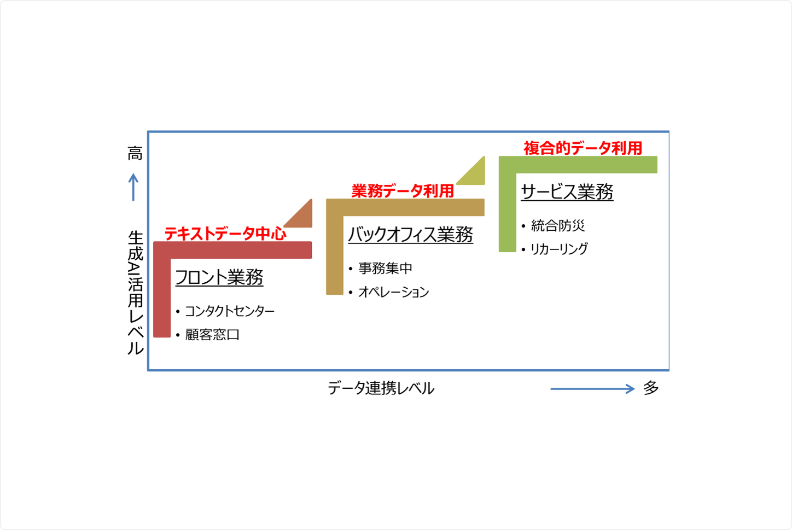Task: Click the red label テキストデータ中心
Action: pyautogui.click(x=225, y=234)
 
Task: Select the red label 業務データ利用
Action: pyautogui.click(x=402, y=191)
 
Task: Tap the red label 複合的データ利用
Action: pyautogui.click(x=583, y=148)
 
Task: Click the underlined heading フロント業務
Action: pyautogui.click(x=219, y=277)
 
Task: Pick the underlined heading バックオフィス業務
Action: pyautogui.click(x=410, y=235)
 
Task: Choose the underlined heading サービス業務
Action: pyautogui.click(x=567, y=192)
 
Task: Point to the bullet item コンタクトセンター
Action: pyautogui.click(x=229, y=311)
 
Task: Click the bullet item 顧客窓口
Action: pyautogui.click(x=212, y=335)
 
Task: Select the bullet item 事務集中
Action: pyautogui.click(x=385, y=269)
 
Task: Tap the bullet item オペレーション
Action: pyautogui.click(x=393, y=292)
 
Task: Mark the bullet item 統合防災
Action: pyautogui.click(x=557, y=225)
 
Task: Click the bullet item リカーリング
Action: pyautogui.click(x=559, y=249)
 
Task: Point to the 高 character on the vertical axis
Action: pyautogui.click(x=135, y=154)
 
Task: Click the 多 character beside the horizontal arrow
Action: pyautogui.click(x=650, y=388)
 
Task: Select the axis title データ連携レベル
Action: pyautogui.click(x=381, y=388)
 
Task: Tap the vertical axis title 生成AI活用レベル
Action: pyautogui.click(x=135, y=293)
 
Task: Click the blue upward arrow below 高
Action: pyautogui.click(x=133, y=187)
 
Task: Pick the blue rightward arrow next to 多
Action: pyautogui.click(x=592, y=389)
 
